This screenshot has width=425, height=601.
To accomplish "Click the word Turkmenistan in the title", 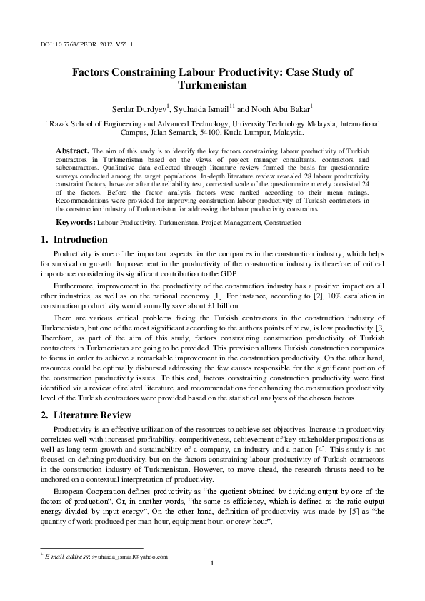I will click(213, 86).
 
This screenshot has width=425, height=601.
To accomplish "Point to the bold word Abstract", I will click(72, 151).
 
